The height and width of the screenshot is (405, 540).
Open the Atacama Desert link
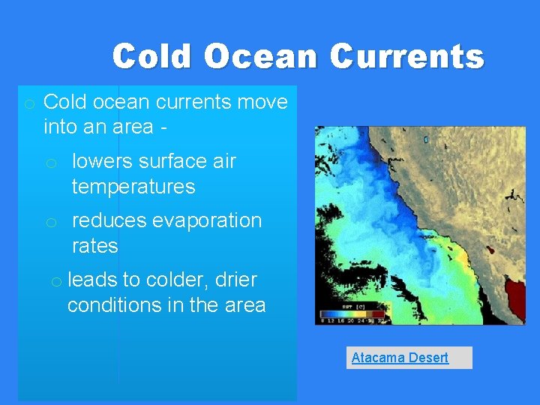[x=400, y=358]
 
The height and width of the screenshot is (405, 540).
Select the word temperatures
[x=133, y=187]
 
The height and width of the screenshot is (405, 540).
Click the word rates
[x=94, y=246]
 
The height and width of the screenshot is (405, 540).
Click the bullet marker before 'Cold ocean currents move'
[x=28, y=103]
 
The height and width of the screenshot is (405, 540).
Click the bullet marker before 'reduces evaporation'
[x=51, y=222]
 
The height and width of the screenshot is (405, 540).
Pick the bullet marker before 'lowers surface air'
[x=51, y=163]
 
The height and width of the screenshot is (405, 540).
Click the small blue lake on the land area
[x=426, y=139]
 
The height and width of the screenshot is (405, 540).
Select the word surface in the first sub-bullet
[x=163, y=161]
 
